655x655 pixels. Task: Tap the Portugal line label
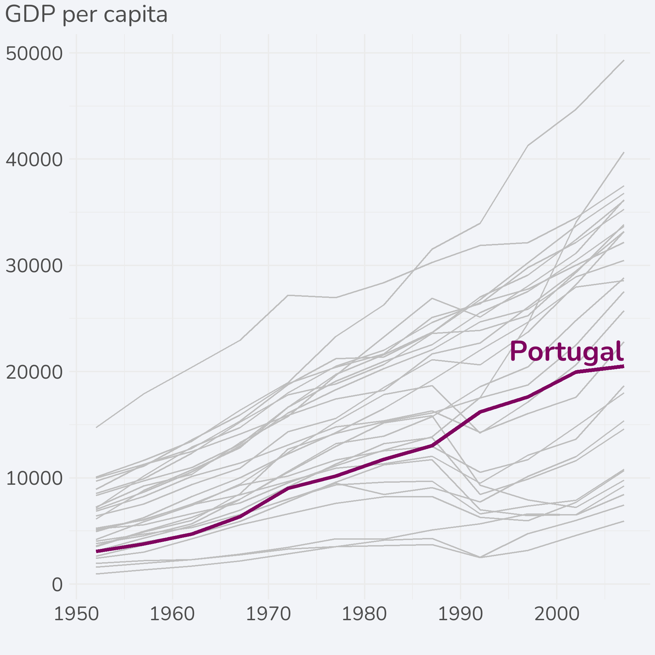point(566,352)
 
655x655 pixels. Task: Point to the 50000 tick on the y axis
point(34,54)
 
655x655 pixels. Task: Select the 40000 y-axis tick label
point(34,160)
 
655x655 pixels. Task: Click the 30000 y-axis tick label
point(34,266)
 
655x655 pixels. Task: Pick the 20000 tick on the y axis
point(34,372)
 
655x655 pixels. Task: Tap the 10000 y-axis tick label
point(34,478)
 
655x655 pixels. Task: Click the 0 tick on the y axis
point(57,584)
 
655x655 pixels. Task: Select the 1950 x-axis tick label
point(76,614)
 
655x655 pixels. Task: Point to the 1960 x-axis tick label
point(172,614)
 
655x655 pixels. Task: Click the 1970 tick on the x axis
point(268,614)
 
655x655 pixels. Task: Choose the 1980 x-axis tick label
point(364,614)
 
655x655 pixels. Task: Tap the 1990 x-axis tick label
point(461,614)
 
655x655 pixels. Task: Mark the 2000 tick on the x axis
point(557,614)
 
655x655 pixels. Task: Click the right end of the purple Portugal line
point(623,366)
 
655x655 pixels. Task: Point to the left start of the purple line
point(97,551)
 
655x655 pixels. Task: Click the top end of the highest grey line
point(624,60)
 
